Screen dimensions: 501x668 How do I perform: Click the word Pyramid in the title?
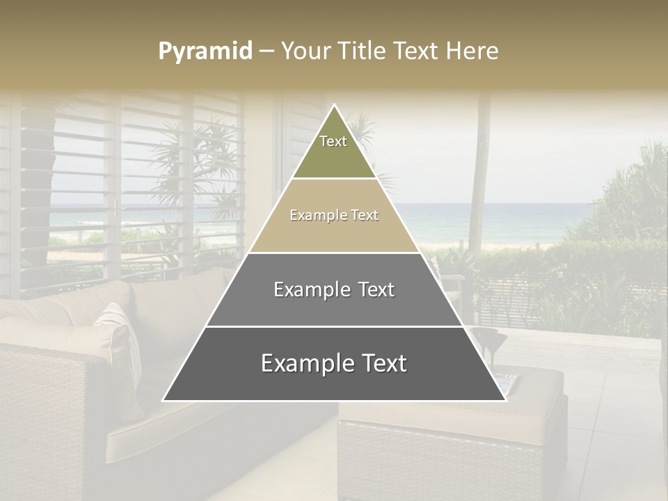pyautogui.click(x=205, y=51)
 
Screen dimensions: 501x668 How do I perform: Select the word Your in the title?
pyautogui.click(x=303, y=51)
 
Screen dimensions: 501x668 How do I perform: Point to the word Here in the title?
pyautogui.click(x=472, y=51)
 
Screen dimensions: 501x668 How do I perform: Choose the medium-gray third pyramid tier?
pyautogui.click(x=334, y=306)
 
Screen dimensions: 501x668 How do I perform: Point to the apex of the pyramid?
pyautogui.click(x=334, y=105)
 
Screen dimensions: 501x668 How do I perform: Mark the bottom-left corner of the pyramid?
pyautogui.click(x=164, y=400)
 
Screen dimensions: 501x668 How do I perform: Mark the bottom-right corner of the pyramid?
pyautogui.click(x=505, y=400)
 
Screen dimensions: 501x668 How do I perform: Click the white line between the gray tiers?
pyautogui.click(x=334, y=326)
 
